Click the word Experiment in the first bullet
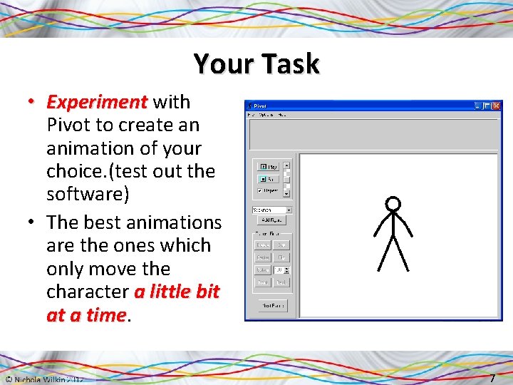coord(97,102)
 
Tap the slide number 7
coord(492,377)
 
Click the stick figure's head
coord(392,204)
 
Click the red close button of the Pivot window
coord(497,106)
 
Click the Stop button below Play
coord(269,179)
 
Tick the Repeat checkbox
coord(260,191)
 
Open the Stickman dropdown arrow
coord(289,210)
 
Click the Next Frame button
coord(272,305)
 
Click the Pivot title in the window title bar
coord(260,106)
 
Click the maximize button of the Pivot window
coord(487,106)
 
